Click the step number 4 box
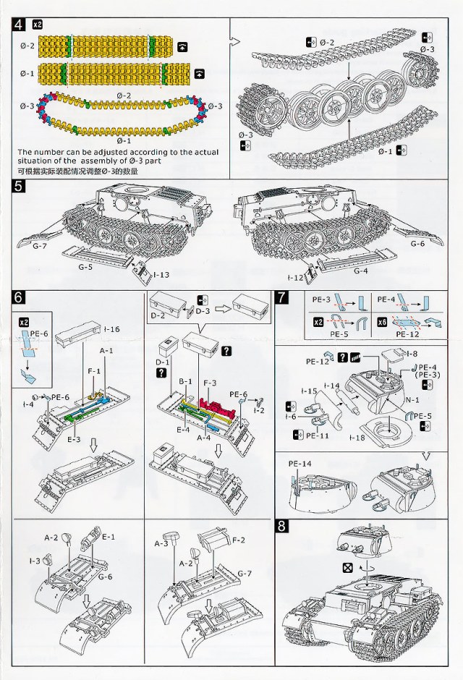click(20, 25)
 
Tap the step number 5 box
click(20, 187)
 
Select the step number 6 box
click(20, 298)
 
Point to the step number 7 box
click(283, 297)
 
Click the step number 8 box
click(283, 527)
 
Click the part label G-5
click(85, 267)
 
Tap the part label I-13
click(161, 275)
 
